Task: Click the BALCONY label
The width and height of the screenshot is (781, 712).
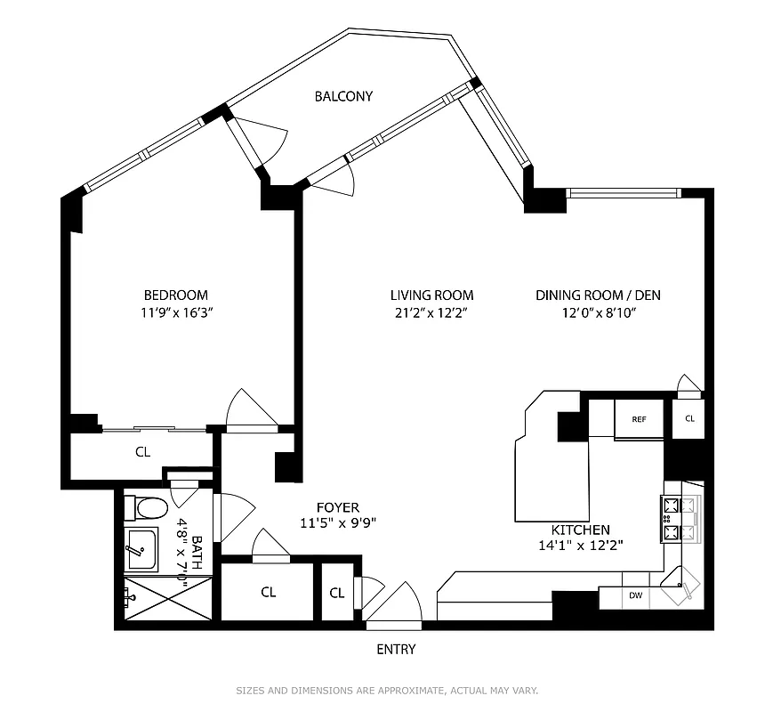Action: tap(342, 96)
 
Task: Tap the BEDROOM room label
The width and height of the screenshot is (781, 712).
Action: tap(175, 295)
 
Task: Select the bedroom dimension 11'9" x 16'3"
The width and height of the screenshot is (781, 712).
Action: tap(175, 312)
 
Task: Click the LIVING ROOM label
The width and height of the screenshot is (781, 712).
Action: tap(431, 295)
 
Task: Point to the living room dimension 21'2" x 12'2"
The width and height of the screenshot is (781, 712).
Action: tap(431, 312)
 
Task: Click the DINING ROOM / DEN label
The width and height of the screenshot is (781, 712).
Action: tap(597, 295)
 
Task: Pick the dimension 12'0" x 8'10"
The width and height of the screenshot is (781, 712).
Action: tap(597, 312)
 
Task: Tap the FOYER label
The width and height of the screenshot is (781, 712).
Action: tap(337, 507)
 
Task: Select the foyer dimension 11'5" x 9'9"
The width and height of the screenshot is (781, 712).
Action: tap(337, 523)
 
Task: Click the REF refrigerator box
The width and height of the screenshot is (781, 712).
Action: tap(639, 419)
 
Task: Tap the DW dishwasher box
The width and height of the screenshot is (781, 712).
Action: tap(635, 595)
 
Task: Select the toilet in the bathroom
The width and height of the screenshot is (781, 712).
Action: tap(147, 508)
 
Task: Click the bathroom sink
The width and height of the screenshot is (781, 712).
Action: tap(140, 548)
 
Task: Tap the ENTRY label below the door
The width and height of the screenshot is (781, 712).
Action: tap(396, 650)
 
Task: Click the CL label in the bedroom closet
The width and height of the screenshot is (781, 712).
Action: tap(142, 452)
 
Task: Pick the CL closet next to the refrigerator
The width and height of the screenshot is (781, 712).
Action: tap(689, 418)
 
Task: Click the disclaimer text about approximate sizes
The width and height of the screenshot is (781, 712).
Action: tap(387, 691)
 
